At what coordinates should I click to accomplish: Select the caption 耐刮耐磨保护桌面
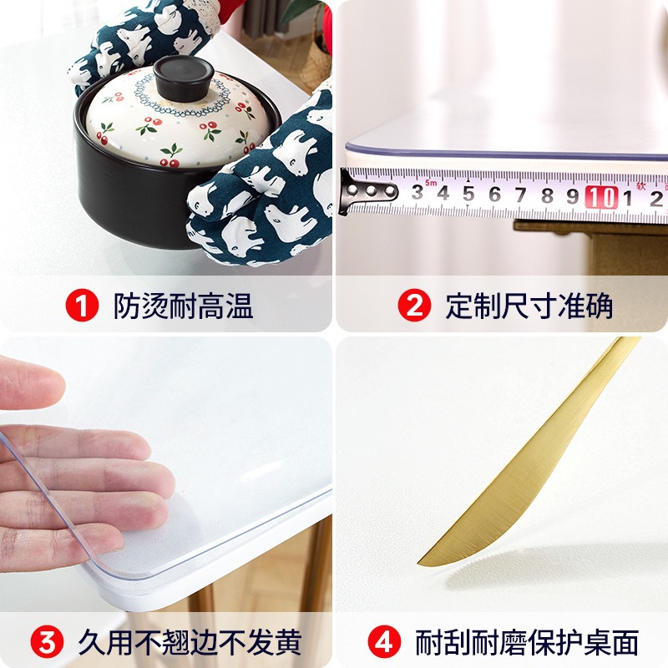pyautogui.click(x=527, y=644)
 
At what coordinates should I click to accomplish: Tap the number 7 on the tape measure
pyautogui.click(x=521, y=195)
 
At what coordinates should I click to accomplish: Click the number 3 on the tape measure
pyautogui.click(x=417, y=194)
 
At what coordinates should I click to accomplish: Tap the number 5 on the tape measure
pyautogui.click(x=468, y=195)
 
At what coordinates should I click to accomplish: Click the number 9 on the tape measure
pyautogui.click(x=573, y=196)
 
